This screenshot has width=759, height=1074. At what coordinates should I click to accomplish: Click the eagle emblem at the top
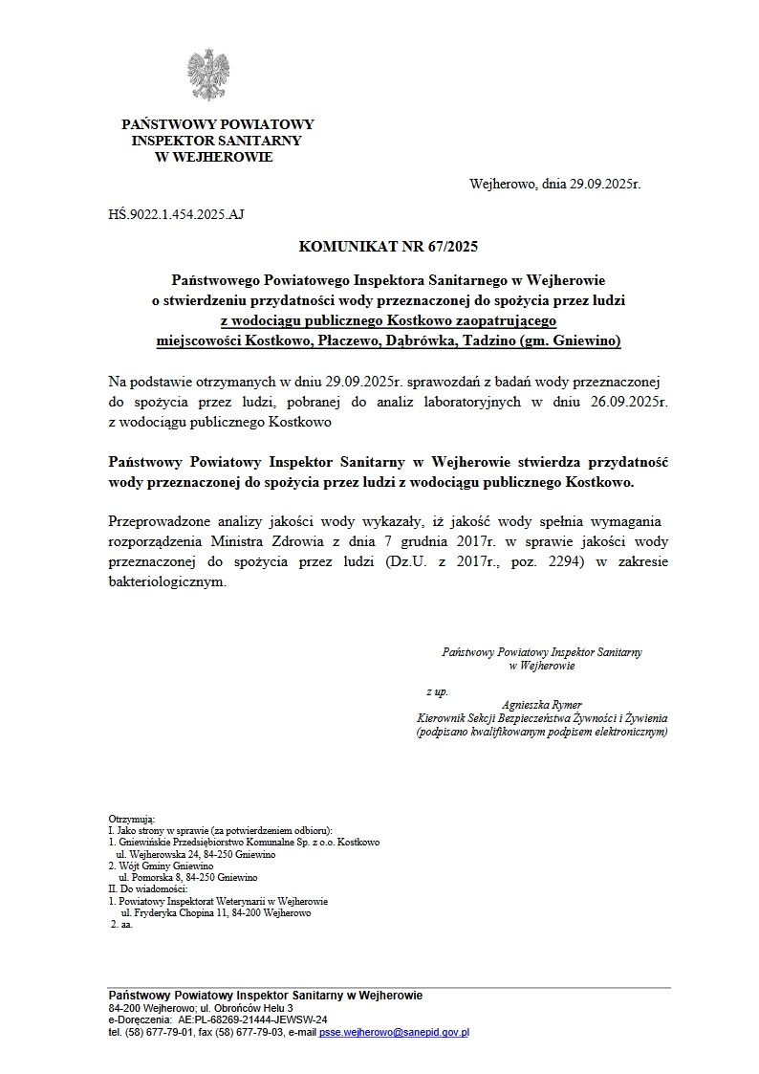coord(208,75)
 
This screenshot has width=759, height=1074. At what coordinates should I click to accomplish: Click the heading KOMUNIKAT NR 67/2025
coord(387,246)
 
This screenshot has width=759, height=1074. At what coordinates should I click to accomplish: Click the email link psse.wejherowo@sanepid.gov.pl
coord(394,1033)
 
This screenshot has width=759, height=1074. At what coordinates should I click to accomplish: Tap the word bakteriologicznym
coord(167,581)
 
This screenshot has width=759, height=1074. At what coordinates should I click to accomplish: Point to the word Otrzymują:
coord(131,820)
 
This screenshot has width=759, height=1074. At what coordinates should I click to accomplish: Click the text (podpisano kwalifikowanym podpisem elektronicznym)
coord(541,732)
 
